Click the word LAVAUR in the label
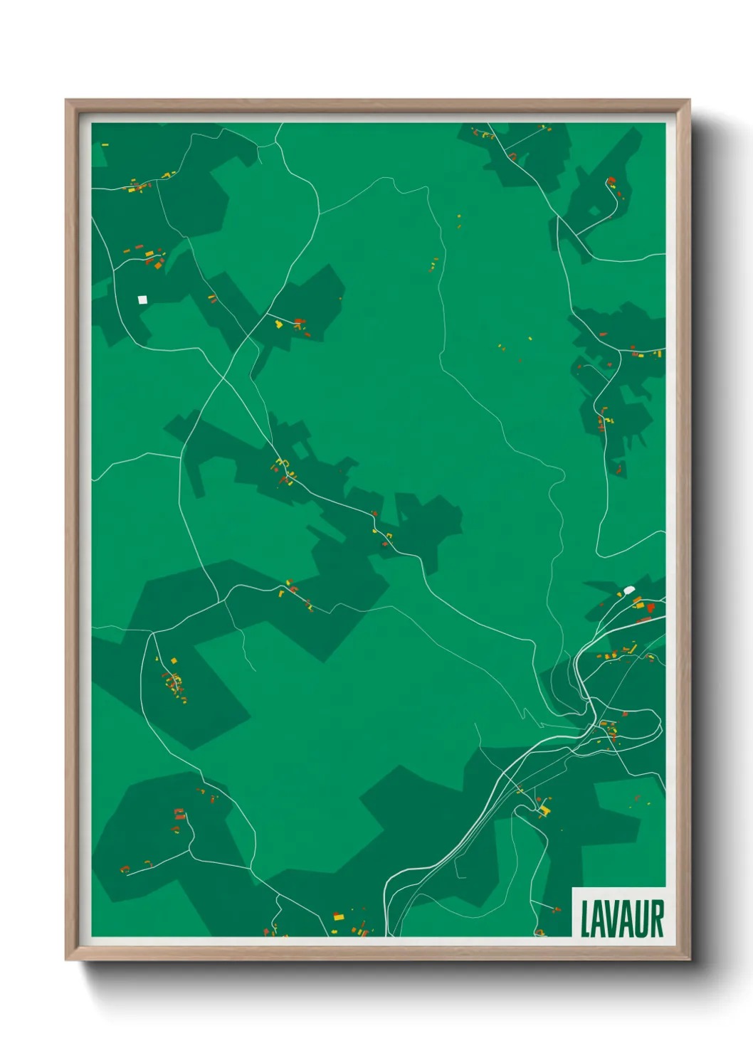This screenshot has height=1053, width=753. coord(622,919)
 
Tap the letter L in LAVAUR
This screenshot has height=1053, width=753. coord(586,919)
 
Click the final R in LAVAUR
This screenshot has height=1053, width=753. coord(657,919)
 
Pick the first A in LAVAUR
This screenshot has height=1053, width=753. coord(599,919)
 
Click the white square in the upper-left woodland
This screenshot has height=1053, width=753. coord(142,300)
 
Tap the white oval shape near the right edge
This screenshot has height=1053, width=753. coord(628,589)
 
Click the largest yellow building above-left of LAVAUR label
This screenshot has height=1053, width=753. coord(544,810)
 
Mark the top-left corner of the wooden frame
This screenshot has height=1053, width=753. coord(66,100)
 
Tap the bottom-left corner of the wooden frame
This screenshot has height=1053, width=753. coord(66,960)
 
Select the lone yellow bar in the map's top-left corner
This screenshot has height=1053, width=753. coord(105,145)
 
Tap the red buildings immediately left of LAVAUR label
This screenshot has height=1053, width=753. coord(541,931)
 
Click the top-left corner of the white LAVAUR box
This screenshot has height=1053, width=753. coord(573,888)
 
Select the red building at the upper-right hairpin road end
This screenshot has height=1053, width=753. coord(611,181)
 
